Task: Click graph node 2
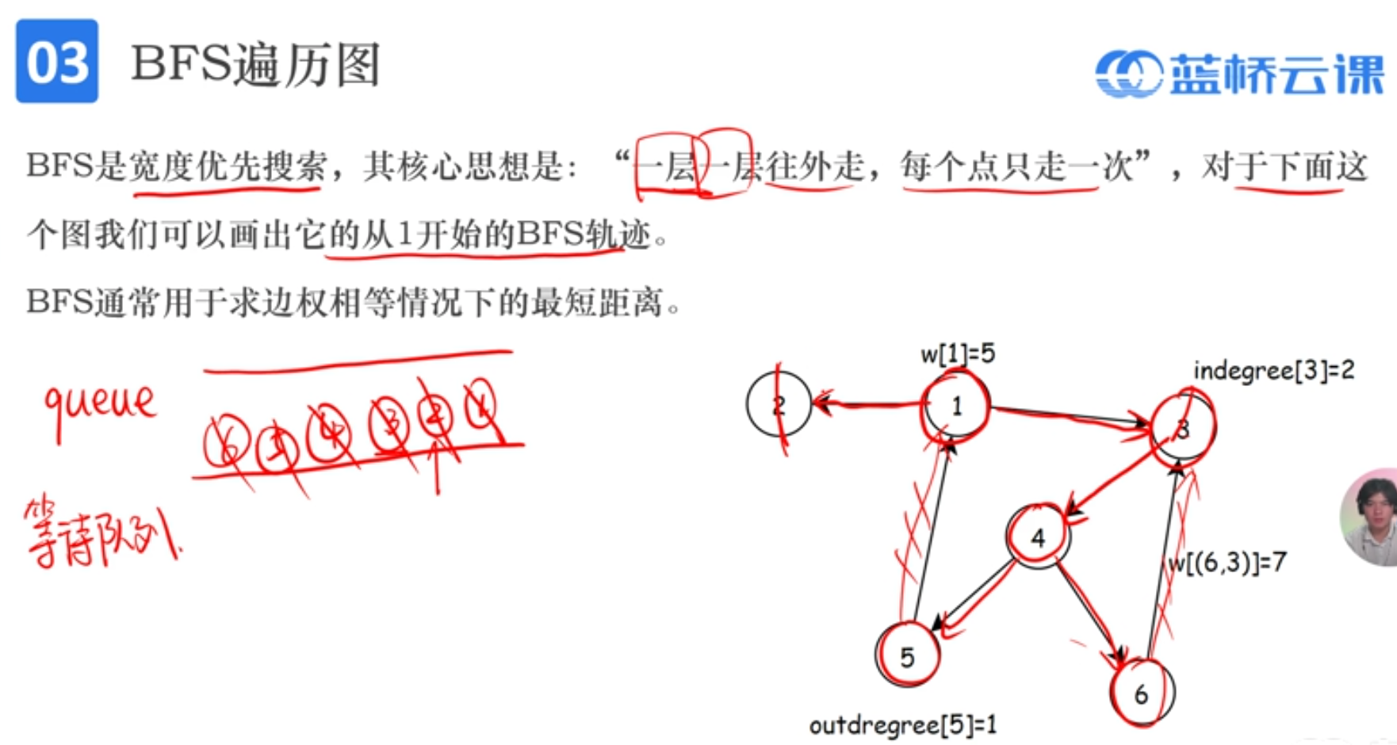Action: coord(779,405)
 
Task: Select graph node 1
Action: coord(956,406)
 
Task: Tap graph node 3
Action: coord(1182,430)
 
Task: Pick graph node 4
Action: coord(1038,538)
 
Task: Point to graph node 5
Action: coord(907,656)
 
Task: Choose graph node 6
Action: coord(1142,694)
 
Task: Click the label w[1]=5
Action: coord(958,353)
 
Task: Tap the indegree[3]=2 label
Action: coord(1273,370)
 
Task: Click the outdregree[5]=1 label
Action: coord(903,724)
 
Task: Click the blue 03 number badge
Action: coord(57,62)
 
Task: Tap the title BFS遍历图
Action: coord(255,63)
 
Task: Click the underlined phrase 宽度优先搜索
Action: coord(228,166)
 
